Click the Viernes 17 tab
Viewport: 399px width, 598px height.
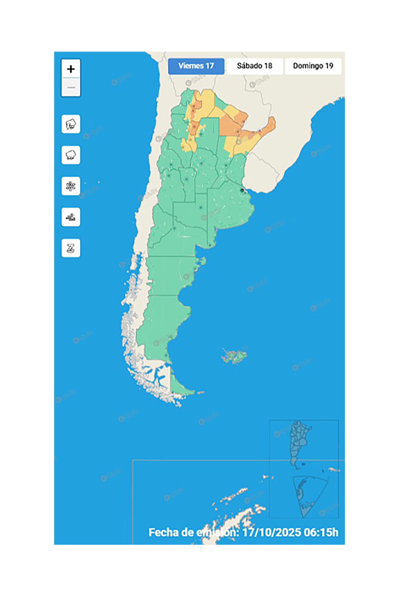tap(196, 66)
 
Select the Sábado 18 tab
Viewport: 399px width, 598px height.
tap(254, 66)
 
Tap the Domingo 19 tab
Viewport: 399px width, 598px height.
tap(313, 66)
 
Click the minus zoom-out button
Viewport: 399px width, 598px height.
tap(71, 87)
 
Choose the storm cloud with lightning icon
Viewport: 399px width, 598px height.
tap(71, 124)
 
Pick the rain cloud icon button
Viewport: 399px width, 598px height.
tap(71, 155)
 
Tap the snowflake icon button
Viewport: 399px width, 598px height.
tap(71, 186)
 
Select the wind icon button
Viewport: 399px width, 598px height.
tap(71, 217)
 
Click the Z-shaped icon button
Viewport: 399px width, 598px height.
tap(71, 248)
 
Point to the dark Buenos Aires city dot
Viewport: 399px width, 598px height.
tap(242, 190)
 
